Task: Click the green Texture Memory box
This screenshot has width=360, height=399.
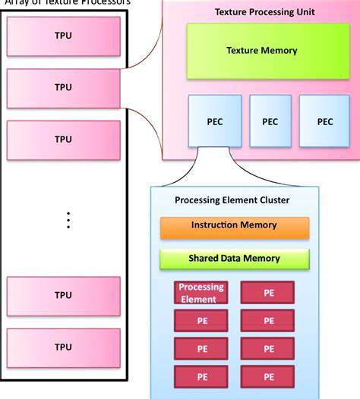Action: pyautogui.click(x=261, y=51)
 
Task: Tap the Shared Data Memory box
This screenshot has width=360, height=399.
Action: pyautogui.click(x=234, y=259)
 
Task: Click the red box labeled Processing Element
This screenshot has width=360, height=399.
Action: pyautogui.click(x=202, y=293)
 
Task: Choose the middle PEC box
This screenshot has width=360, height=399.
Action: pyautogui.click(x=270, y=121)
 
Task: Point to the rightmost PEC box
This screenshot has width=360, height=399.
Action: pyautogui.click(x=324, y=121)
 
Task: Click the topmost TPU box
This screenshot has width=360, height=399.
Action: pyautogui.click(x=63, y=36)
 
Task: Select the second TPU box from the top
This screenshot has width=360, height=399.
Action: pyautogui.click(x=63, y=87)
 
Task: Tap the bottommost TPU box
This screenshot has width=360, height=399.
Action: pyautogui.click(x=63, y=346)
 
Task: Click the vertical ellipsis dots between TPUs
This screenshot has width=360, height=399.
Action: pyautogui.click(x=68, y=220)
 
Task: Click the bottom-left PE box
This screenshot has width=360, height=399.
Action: pyautogui.click(x=202, y=376)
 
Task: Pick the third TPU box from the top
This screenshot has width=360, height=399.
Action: pyautogui.click(x=63, y=139)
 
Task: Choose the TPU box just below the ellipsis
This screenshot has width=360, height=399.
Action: pyautogui.click(x=63, y=294)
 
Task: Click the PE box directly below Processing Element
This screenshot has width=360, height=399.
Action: pyautogui.click(x=202, y=321)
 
